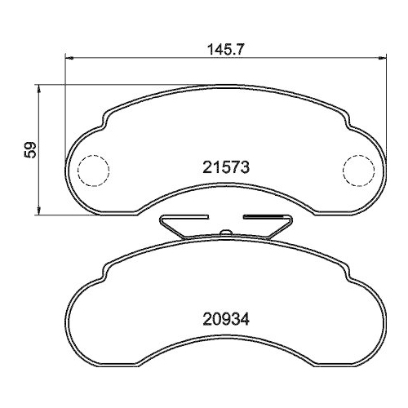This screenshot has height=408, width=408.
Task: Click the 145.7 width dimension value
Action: coord(226,50)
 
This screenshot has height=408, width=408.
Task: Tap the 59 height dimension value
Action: coord(30,149)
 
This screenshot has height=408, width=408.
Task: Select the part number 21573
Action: coord(226,167)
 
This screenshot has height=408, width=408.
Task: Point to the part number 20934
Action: coord(226,319)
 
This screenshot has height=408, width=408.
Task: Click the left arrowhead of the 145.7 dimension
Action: coord(69,58)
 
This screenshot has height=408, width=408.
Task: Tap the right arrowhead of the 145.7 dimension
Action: coord(383,58)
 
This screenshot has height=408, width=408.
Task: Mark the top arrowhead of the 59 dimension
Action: coord(38,88)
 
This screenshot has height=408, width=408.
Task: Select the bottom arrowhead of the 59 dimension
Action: coord(38,211)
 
